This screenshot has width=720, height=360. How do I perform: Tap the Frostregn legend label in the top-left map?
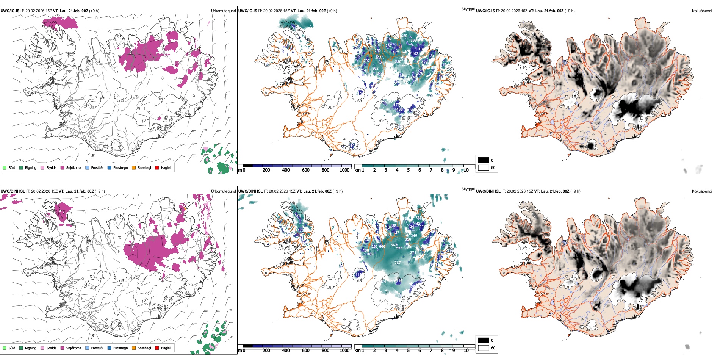(x=120, y=167)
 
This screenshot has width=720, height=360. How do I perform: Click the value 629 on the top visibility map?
(x=404, y=36)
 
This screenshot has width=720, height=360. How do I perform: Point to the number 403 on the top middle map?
(x=378, y=58)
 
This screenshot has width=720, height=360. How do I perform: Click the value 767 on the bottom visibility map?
(x=398, y=263)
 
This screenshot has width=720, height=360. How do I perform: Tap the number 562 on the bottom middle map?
(x=394, y=245)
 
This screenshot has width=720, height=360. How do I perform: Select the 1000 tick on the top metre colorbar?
(x=344, y=170)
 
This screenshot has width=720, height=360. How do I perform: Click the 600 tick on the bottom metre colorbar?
(x=305, y=351)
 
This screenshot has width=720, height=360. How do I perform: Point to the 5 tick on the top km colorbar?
(x=409, y=170)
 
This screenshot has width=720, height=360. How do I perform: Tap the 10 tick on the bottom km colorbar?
(x=466, y=351)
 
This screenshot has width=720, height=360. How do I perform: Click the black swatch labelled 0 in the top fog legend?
(x=484, y=160)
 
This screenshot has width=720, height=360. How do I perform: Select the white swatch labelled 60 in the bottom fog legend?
(x=484, y=347)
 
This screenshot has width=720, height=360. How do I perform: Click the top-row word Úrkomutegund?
(x=223, y=11)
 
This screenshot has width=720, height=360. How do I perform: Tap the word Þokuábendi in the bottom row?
(x=702, y=191)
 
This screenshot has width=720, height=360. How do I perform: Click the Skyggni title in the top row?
(x=468, y=9)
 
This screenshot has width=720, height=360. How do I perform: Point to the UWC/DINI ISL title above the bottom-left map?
(x=13, y=191)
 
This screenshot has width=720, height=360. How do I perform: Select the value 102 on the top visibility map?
(x=415, y=54)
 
